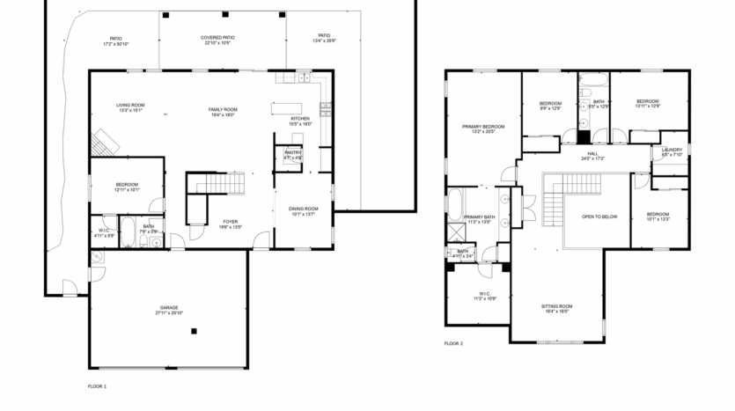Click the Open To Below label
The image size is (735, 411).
pos(599,217)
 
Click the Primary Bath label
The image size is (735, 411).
pos(479,219)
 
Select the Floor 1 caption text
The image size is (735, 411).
pos(97,386)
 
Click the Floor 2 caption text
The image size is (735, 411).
pos(453,343)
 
